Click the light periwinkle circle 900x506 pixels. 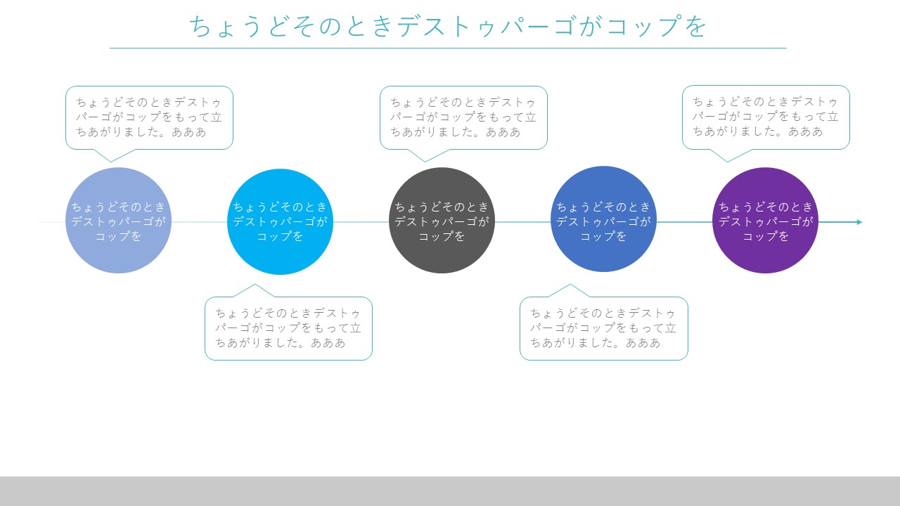119,221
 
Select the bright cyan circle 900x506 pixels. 280,221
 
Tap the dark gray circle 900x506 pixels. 442,221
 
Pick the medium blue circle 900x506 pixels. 603,219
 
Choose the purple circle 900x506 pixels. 766,221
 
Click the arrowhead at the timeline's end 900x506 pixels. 859,222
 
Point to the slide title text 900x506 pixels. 448,26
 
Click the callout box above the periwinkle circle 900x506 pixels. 150,117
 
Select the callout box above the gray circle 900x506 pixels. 463,117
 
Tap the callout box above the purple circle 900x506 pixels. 766,117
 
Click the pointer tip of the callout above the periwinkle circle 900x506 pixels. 111,162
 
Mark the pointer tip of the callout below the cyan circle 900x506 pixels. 255,285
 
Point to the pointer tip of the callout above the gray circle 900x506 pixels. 425,162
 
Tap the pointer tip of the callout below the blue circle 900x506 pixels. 570,285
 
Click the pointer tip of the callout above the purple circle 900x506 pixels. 727,162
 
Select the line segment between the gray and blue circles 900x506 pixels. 522,222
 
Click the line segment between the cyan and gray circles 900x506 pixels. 361,222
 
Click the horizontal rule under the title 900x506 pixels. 448,48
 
